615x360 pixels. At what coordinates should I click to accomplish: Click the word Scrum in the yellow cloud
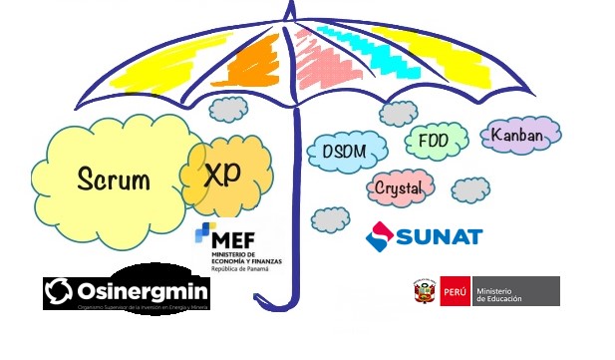point(114,180)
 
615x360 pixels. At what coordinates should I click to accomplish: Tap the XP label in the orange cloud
point(223,175)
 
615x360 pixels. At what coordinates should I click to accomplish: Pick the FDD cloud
point(434,140)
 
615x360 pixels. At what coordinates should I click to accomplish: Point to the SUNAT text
point(440,236)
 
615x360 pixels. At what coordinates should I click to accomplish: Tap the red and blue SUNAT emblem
point(380,236)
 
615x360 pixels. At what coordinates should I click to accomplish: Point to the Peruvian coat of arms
point(425,291)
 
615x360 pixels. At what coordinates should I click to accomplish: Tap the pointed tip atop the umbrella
point(290,9)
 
